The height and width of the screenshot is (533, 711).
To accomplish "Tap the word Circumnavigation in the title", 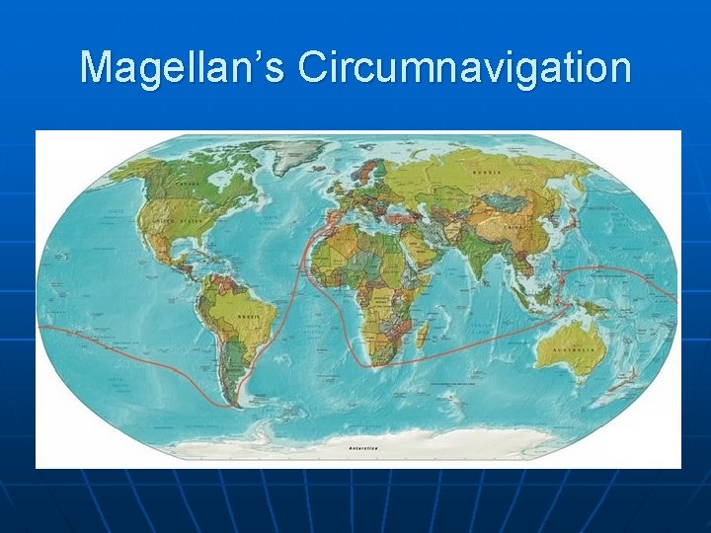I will tap(464, 68).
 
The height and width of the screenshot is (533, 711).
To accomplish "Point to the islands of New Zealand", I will tap(622, 385).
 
